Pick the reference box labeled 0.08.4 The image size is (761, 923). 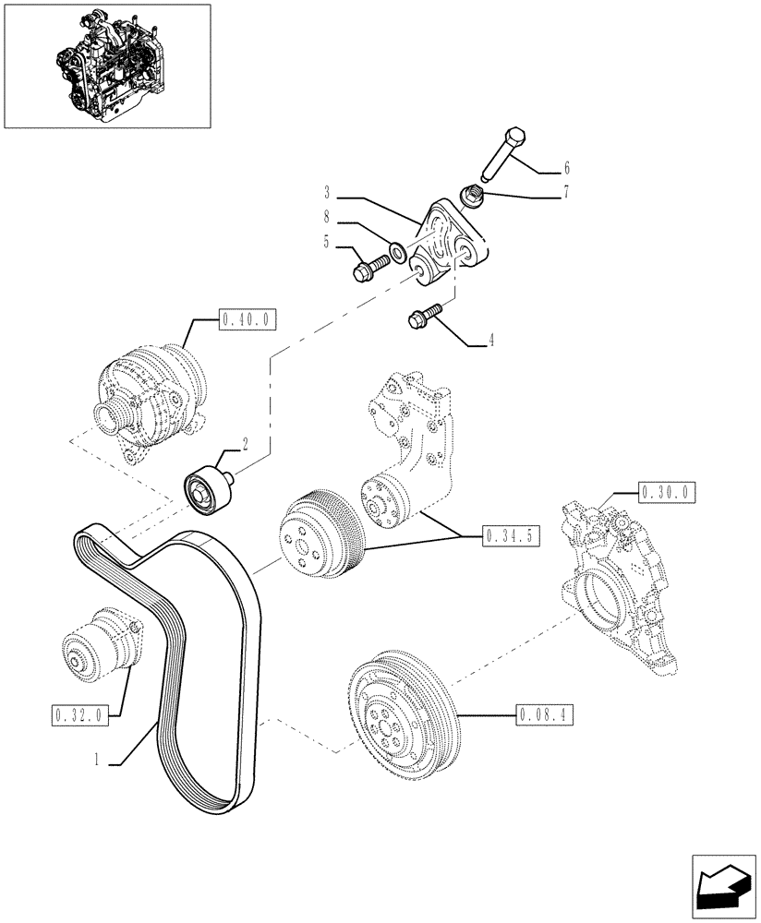541,713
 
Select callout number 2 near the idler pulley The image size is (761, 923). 247,444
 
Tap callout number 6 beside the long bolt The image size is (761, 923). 566,168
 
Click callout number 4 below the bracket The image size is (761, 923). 491,341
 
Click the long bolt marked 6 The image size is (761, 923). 506,151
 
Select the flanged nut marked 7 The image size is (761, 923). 473,197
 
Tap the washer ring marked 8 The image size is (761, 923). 398,250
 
